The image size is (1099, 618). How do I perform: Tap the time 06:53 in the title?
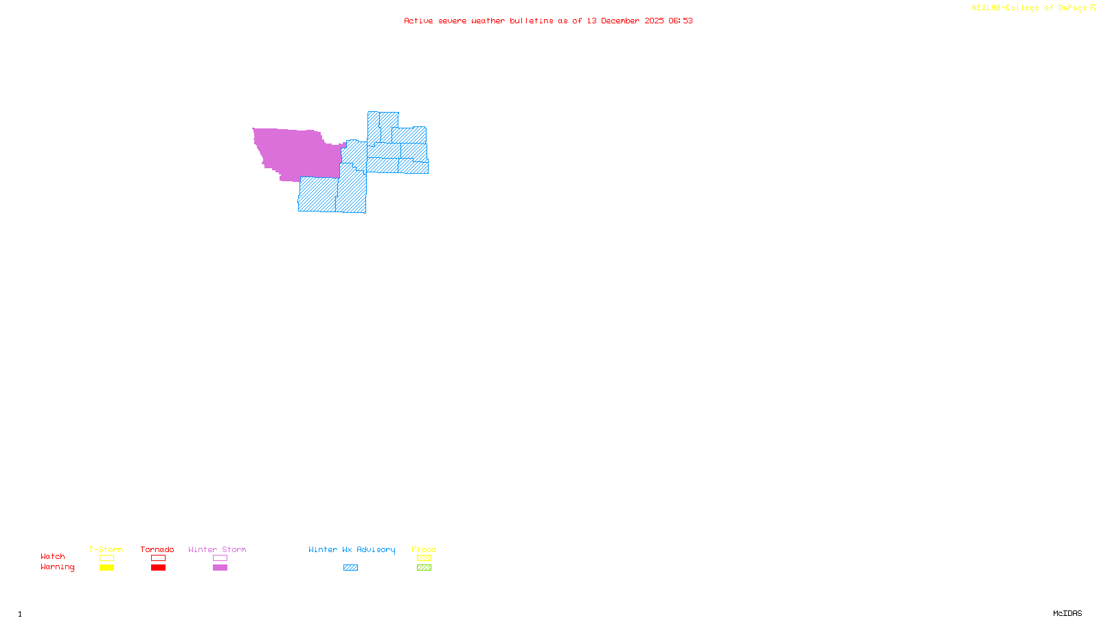pyautogui.click(x=680, y=21)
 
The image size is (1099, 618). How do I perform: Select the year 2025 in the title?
pyautogui.click(x=654, y=21)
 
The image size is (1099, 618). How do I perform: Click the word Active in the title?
pyautogui.click(x=418, y=21)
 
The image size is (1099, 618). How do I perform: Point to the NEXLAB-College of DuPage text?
pyautogui.click(x=1029, y=8)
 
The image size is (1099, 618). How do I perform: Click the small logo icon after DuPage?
pyautogui.click(x=1093, y=8)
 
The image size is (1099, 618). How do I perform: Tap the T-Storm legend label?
pyautogui.click(x=106, y=549)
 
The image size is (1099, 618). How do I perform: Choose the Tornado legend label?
pyautogui.click(x=157, y=549)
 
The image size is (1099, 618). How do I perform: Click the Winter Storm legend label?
pyautogui.click(x=217, y=549)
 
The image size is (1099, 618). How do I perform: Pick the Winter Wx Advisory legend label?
pyautogui.click(x=352, y=549)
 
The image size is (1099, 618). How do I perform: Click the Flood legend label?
pyautogui.click(x=424, y=549)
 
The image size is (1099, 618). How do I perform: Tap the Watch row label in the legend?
pyautogui.click(x=53, y=556)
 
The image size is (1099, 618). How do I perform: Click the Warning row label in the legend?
pyautogui.click(x=57, y=567)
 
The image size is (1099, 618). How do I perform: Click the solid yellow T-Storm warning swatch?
pyautogui.click(x=106, y=567)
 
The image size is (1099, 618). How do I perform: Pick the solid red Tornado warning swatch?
pyautogui.click(x=158, y=567)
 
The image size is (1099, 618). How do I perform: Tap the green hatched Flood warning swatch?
pyautogui.click(x=424, y=567)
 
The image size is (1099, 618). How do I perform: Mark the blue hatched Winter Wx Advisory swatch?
pyautogui.click(x=350, y=567)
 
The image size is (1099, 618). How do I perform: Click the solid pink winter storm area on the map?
pyautogui.click(x=295, y=152)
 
